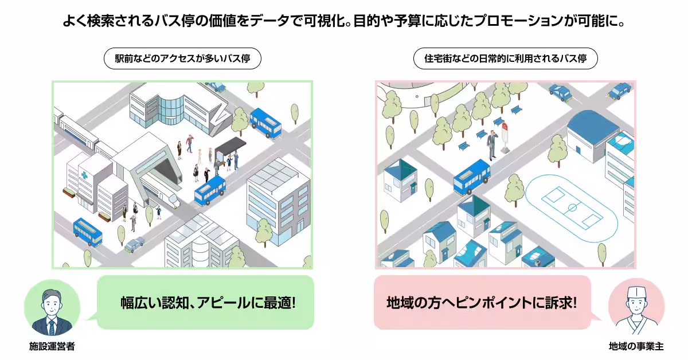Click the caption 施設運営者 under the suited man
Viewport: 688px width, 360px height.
point(52,346)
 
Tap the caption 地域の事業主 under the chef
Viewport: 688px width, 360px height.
point(636,346)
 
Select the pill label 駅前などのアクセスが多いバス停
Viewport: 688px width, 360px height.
point(182,58)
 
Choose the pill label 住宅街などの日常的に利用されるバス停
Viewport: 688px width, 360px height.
point(506,58)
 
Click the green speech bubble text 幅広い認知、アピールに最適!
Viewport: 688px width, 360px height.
point(208,303)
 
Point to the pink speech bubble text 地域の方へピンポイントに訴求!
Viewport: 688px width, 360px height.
point(482,303)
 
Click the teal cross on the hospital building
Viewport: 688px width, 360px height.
point(84,175)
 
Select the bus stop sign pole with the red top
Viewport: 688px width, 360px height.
point(505,138)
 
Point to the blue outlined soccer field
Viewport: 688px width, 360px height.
point(571,208)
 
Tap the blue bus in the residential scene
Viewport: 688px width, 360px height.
point(472,177)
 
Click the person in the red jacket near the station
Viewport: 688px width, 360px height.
point(190,143)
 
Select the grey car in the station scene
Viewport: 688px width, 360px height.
point(135,245)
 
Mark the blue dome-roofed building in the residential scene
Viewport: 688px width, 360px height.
point(592,136)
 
